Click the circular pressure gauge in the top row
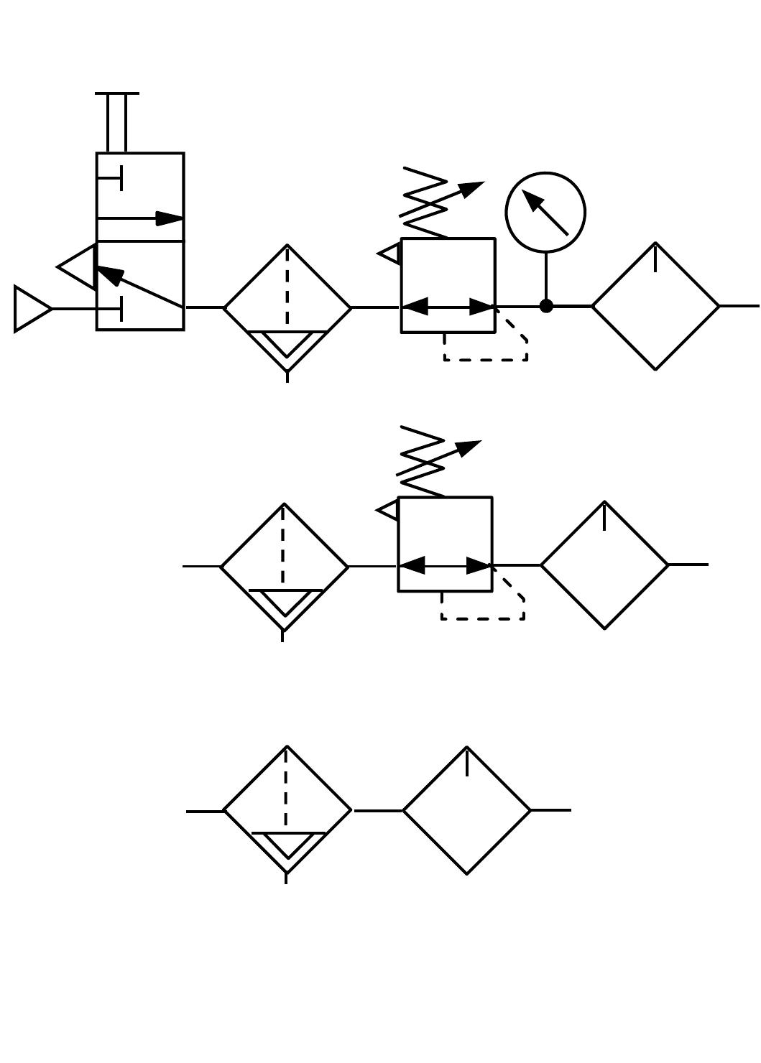(545, 213)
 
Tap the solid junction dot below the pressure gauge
(546, 306)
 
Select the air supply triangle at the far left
(30, 309)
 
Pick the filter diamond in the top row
(287, 307)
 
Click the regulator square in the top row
(448, 285)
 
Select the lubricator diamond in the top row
(655, 306)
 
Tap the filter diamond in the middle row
(284, 566)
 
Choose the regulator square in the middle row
(445, 544)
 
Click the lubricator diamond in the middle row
(604, 565)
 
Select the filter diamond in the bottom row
(287, 810)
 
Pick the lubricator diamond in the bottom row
(466, 810)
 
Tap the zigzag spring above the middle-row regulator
(423, 461)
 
